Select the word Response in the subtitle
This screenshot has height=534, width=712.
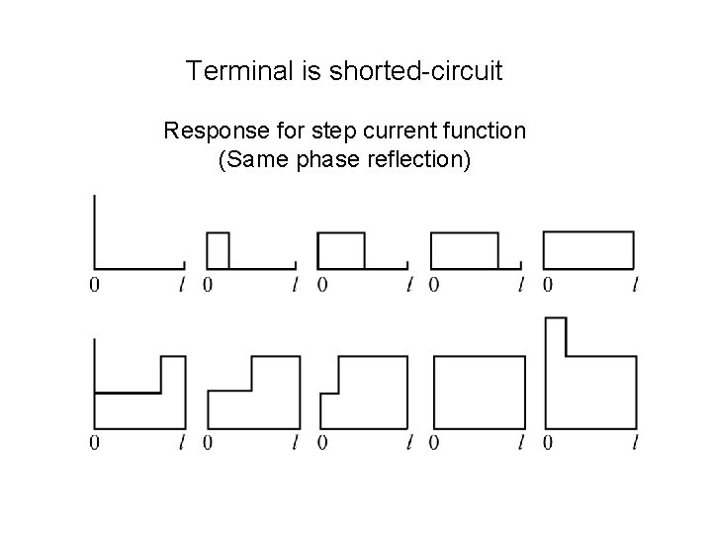tap(209, 131)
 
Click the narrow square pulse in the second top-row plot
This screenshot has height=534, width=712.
tap(218, 250)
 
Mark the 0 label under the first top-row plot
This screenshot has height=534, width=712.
tap(94, 286)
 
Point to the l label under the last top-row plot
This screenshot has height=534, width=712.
tap(634, 286)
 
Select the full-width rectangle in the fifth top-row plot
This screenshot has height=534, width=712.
tap(588, 250)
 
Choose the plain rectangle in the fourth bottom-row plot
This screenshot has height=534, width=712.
tap(476, 393)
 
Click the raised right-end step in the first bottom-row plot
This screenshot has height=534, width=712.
tap(173, 374)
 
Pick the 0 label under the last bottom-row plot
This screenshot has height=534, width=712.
tap(547, 443)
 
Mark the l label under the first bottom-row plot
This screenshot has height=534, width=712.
tap(182, 443)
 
